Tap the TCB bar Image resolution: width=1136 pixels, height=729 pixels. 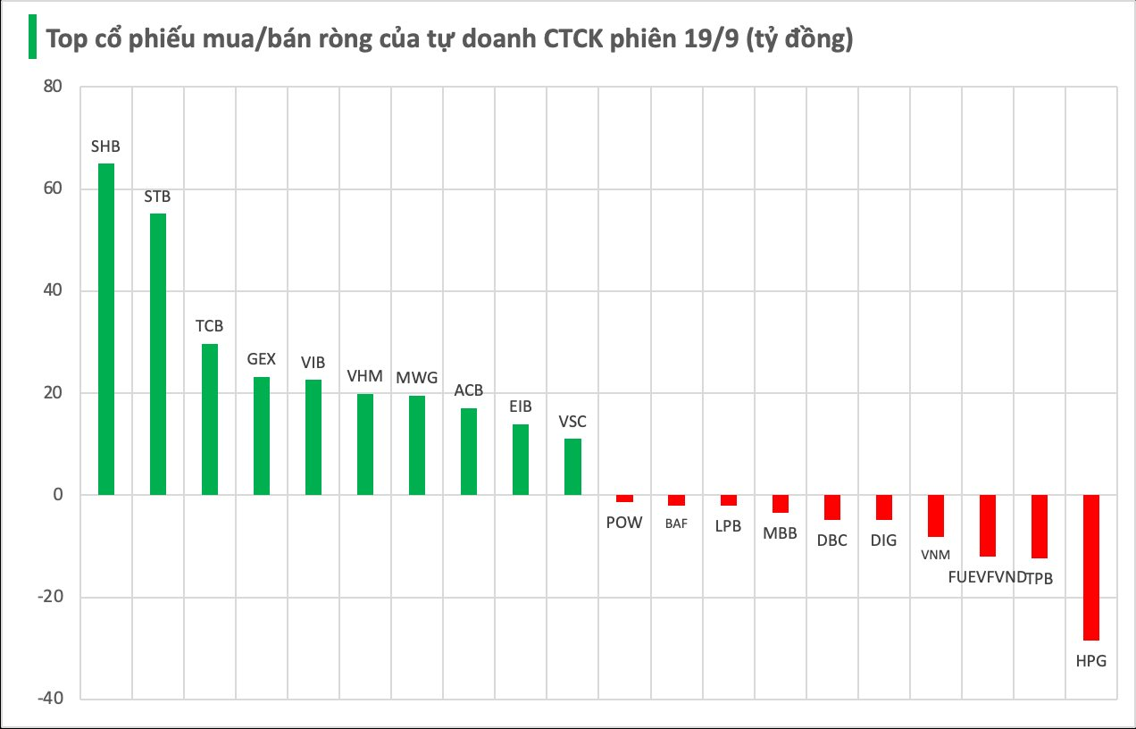click(210, 419)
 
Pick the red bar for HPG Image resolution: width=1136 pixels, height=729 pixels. click(1091, 567)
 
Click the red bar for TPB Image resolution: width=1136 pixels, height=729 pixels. click(1040, 526)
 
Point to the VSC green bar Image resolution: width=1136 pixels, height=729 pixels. click(572, 466)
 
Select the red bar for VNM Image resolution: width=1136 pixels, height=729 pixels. click(936, 515)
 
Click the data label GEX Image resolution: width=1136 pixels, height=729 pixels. click(262, 359)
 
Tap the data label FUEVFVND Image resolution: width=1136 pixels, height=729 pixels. click(987, 577)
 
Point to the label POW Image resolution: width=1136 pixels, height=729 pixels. click(624, 523)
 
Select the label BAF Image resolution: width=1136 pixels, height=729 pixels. click(676, 524)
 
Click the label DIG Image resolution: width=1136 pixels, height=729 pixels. click(883, 540)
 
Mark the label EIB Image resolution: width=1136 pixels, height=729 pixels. click(521, 406)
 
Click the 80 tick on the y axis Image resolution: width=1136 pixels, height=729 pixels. click(52, 87)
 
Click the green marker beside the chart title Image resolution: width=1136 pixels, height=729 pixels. click(32, 38)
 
